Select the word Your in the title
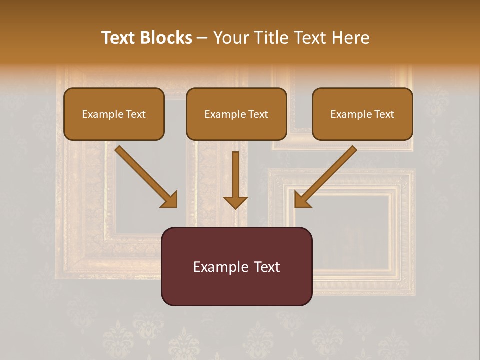pyautogui.click(x=233, y=38)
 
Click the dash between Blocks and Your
pyautogui.click(x=202, y=38)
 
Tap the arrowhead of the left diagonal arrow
pyautogui.click(x=170, y=200)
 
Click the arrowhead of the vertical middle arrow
pyautogui.click(x=235, y=202)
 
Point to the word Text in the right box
pyautogui.click(x=384, y=114)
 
